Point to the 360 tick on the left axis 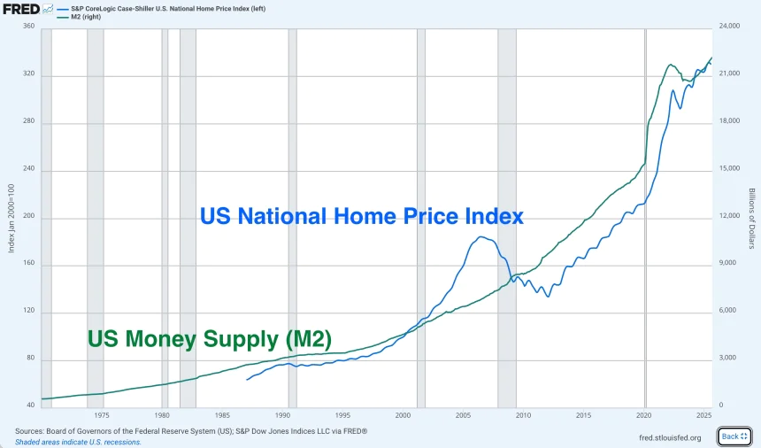pos(28,27)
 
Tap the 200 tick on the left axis pos(28,218)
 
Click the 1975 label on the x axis pos(101,414)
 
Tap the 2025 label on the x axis pos(704,414)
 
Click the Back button pos(734,436)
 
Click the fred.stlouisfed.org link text pos(669,437)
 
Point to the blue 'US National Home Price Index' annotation pos(362,216)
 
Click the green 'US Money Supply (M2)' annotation pos(209,338)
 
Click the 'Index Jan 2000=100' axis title pos(12,218)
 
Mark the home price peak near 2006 pos(481,236)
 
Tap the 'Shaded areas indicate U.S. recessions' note pos(78,442)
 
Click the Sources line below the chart pos(190,431)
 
